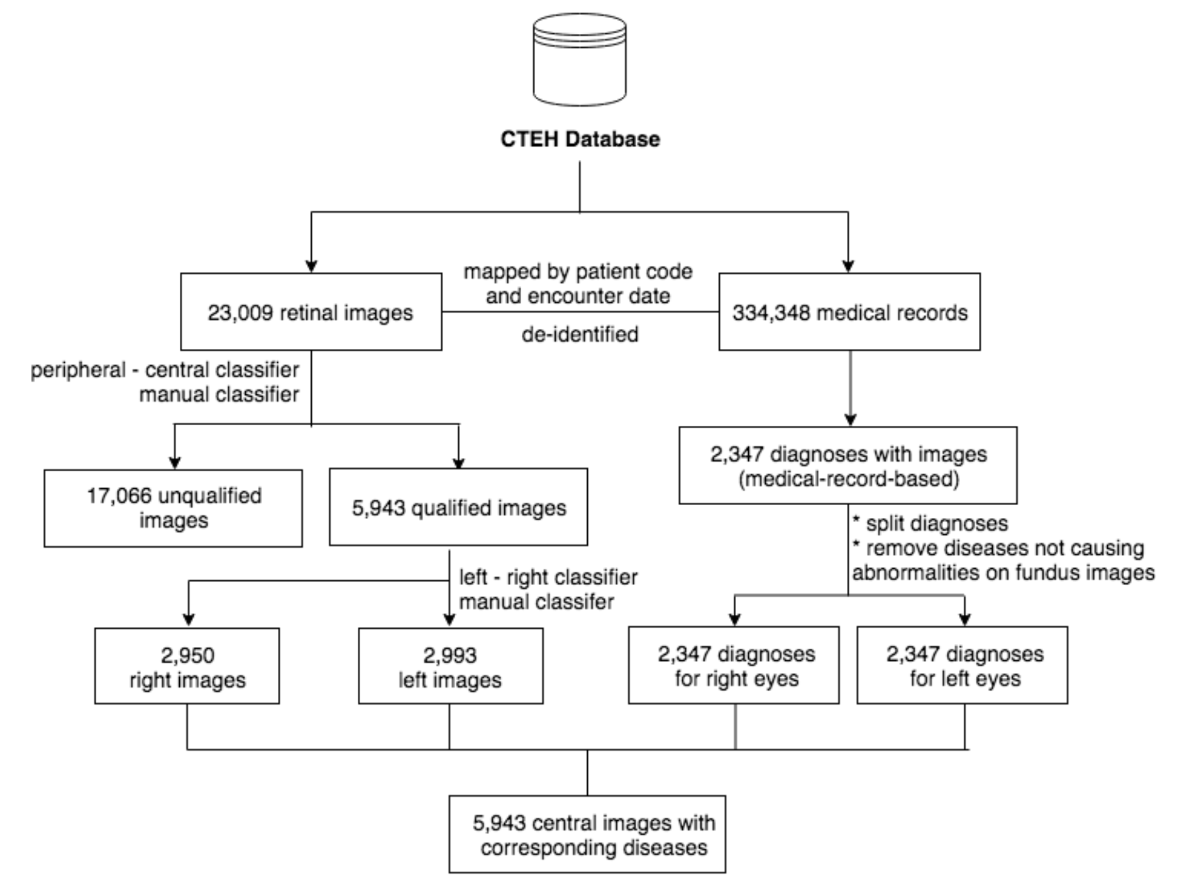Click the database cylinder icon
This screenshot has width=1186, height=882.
[580, 60]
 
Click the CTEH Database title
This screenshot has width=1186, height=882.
[580, 139]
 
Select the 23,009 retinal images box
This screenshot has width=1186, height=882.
[311, 312]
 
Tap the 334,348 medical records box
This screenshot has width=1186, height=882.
[849, 312]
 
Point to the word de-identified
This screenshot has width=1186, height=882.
[580, 334]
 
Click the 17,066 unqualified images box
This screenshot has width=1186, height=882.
[173, 508]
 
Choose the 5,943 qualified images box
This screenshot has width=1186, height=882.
[458, 507]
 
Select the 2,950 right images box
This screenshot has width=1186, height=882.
[187, 666]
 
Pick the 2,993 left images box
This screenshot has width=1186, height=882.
[450, 666]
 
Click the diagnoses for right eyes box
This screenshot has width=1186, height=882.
[734, 666]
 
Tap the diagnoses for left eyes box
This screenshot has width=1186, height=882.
[962, 666]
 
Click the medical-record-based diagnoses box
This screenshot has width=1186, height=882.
[848, 466]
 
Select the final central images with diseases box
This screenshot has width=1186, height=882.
[587, 834]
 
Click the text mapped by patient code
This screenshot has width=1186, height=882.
[578, 272]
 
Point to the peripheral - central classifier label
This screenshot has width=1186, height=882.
[165, 370]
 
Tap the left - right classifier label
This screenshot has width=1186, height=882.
[547, 577]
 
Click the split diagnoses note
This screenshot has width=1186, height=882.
[931, 523]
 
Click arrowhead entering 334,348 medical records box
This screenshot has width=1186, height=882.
[848, 266]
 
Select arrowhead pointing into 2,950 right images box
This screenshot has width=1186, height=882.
[188, 619]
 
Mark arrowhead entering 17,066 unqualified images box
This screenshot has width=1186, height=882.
[175, 462]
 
